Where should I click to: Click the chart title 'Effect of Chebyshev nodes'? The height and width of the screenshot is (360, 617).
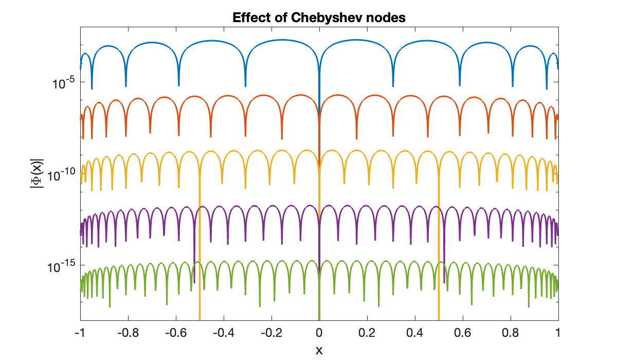319,17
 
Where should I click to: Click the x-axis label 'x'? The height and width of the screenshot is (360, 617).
319,350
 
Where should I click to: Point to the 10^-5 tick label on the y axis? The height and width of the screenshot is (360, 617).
64,82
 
